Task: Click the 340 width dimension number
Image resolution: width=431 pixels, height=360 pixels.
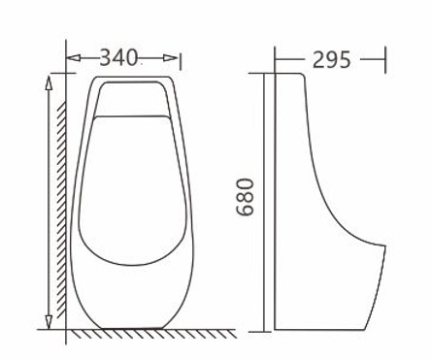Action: coord(118,57)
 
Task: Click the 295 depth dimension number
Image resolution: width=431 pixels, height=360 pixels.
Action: coord(331,60)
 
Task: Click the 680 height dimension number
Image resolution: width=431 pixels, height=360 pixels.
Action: coord(245,197)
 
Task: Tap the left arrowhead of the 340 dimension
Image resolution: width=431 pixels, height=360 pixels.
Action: coord(73,58)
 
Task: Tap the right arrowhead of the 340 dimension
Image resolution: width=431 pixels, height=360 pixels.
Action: coord(171,58)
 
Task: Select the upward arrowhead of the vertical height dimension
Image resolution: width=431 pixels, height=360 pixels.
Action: coord(49,82)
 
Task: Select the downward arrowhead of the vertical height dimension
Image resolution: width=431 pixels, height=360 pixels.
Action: coord(49,322)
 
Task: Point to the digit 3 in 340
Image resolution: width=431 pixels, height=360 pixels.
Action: coord(106,57)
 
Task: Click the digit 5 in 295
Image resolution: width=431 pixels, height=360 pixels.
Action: coord(345,60)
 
